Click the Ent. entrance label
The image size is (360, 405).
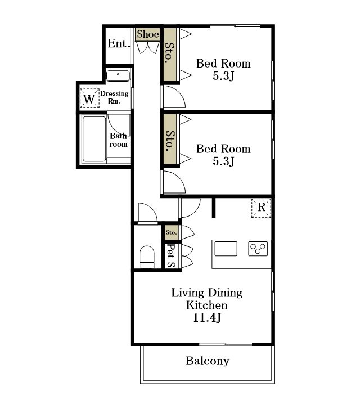click(119, 43)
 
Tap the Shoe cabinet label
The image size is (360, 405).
click(148, 34)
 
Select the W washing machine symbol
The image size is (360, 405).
click(89, 98)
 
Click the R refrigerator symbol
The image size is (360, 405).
click(262, 208)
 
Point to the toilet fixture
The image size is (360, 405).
click(147, 257)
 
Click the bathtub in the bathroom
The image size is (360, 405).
click(94, 139)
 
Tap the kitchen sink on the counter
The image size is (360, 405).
click(226, 249)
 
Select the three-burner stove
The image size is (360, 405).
click(258, 249)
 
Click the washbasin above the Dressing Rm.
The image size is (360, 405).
click(118, 76)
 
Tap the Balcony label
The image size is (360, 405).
click(208, 361)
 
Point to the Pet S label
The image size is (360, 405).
click(170, 255)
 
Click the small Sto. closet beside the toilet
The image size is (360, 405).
click(171, 232)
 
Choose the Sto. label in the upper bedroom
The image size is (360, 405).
click(170, 53)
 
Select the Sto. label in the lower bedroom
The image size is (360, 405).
click(170, 141)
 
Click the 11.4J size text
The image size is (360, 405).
click(207, 318)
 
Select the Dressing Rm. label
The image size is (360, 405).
click(114, 97)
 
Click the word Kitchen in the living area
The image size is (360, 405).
click(207, 305)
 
